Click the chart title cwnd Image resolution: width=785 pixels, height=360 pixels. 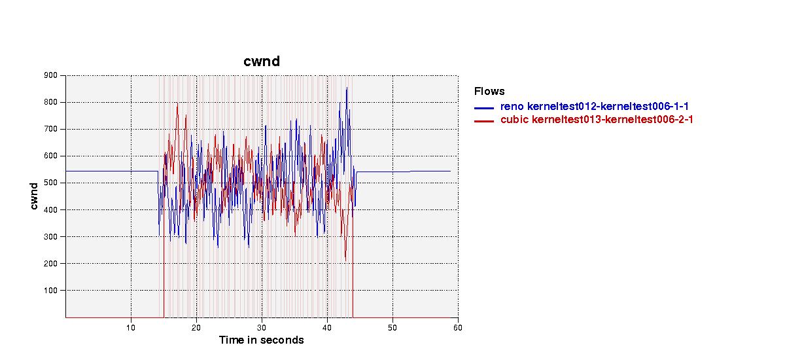[262, 62]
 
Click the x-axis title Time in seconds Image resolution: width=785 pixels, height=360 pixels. [262, 340]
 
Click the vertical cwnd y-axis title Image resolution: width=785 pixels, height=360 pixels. [33, 196]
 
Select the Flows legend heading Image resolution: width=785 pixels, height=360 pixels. [489, 91]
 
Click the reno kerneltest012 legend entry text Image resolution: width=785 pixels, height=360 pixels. [595, 106]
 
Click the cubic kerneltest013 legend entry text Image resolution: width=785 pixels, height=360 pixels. [597, 120]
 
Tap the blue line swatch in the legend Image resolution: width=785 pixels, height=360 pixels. [484, 108]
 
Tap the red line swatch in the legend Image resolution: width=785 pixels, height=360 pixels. [484, 121]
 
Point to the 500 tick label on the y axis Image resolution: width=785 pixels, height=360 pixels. [50, 183]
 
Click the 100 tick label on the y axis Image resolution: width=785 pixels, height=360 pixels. [50, 291]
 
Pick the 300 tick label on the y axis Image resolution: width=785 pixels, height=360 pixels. [50, 236]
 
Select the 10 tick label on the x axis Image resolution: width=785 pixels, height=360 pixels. [131, 328]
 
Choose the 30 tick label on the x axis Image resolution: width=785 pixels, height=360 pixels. [262, 328]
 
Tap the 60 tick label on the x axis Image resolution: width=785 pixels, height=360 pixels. [458, 328]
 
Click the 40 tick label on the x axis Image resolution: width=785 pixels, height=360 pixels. [327, 328]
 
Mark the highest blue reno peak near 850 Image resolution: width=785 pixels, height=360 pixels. [347, 88]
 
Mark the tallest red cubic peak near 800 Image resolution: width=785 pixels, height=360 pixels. [177, 103]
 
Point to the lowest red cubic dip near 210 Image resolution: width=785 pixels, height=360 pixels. [345, 261]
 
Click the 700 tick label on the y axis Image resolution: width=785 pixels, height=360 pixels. [50, 129]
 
